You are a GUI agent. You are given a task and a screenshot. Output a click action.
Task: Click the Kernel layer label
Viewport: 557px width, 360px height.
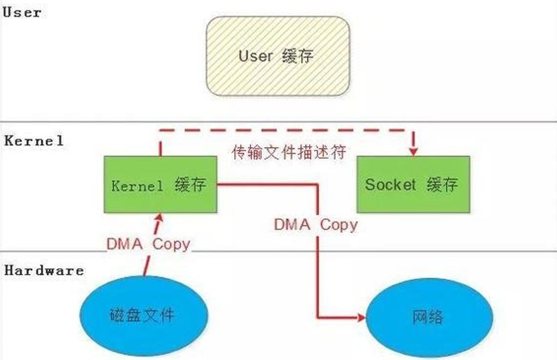(34, 141)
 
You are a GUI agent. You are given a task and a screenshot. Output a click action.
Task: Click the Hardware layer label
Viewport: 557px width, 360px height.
(44, 271)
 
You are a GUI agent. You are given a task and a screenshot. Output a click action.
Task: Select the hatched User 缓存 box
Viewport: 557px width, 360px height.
(277, 56)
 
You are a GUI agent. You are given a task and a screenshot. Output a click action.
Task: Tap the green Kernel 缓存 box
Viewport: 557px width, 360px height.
(160, 184)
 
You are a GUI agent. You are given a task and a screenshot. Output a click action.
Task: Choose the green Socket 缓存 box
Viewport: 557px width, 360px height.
(413, 184)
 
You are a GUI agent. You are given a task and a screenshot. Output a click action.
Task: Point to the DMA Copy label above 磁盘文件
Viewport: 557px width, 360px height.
(148, 244)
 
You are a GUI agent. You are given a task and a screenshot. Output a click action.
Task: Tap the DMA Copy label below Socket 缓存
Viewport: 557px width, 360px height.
(316, 224)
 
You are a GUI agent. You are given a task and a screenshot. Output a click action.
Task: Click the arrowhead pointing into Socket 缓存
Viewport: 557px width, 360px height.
(413, 150)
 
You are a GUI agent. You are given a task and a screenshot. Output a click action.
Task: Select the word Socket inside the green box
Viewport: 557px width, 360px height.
(390, 184)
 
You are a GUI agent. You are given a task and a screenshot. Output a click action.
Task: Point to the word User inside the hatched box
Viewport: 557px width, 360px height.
(255, 56)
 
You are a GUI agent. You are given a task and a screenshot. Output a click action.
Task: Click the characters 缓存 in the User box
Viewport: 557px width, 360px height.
(298, 56)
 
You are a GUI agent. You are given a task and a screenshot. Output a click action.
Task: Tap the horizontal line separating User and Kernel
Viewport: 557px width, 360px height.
(82, 121)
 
